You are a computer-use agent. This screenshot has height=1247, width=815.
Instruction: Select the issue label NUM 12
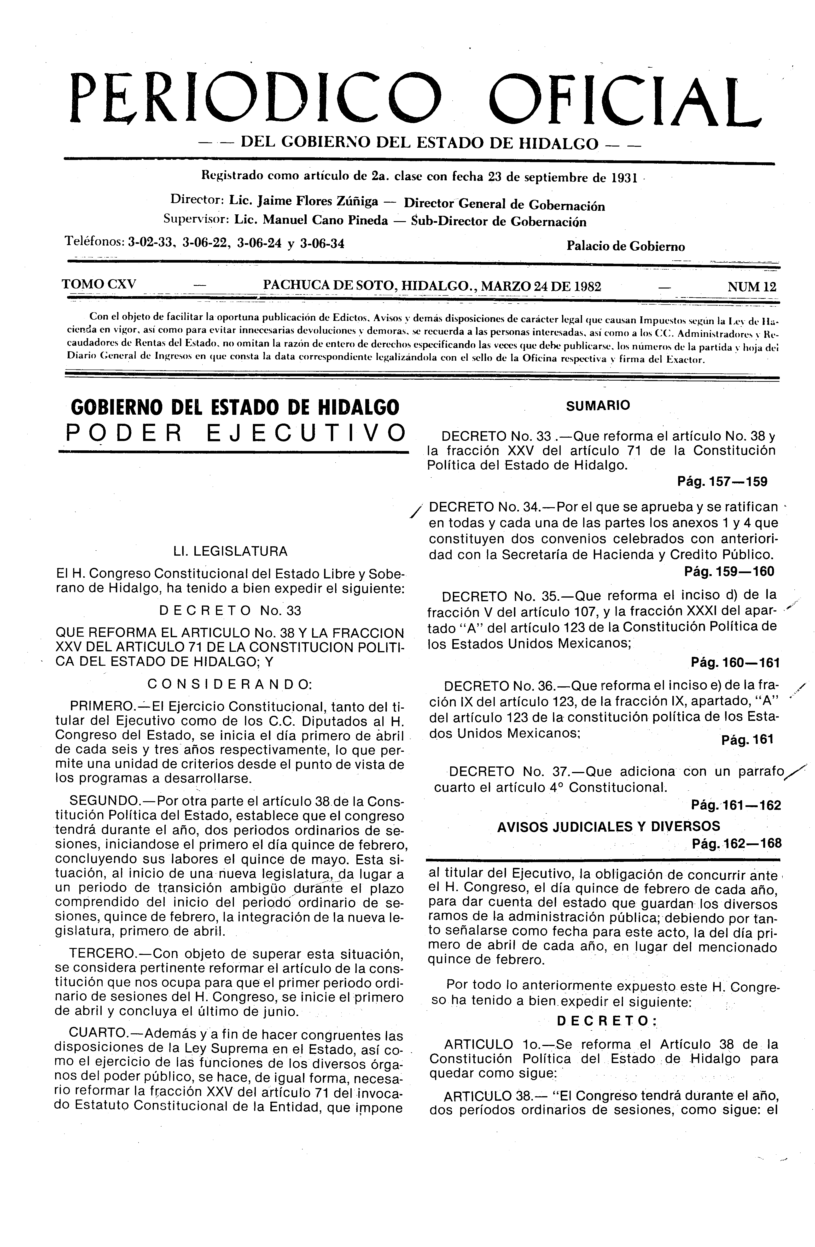pyautogui.click(x=752, y=287)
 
